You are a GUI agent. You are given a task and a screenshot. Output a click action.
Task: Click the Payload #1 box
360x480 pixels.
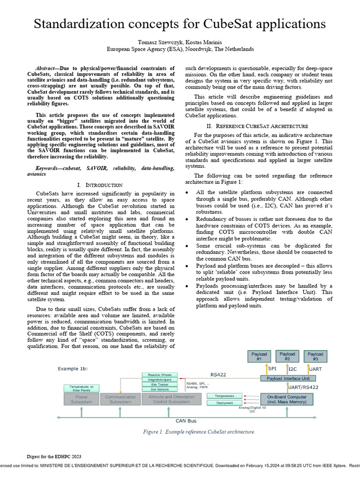coord(259,357)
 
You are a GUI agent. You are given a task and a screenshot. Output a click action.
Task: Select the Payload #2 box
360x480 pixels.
coord(287,357)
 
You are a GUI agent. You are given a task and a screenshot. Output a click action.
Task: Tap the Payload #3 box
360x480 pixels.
coord(315,357)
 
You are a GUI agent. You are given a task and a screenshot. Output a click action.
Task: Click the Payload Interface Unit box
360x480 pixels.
coord(288,378)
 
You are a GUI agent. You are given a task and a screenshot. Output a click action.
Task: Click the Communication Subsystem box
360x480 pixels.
coord(120,399)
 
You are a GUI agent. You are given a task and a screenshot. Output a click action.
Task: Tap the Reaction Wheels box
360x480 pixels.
coord(160,375)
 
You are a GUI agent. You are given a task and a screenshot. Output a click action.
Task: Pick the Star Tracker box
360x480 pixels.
coord(160,384)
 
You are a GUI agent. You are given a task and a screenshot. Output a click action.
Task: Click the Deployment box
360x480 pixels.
coord(224,403)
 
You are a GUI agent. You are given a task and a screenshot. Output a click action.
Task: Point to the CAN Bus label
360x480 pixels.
coord(186,421)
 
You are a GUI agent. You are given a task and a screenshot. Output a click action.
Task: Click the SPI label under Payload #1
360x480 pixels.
coord(272,368)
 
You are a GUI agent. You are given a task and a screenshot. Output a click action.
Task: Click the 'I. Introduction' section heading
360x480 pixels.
coord(99,185)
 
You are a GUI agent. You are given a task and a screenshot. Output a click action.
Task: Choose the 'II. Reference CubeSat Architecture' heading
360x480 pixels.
coord(257,126)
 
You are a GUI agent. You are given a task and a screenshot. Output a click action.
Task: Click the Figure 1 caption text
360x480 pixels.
coord(199,432)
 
